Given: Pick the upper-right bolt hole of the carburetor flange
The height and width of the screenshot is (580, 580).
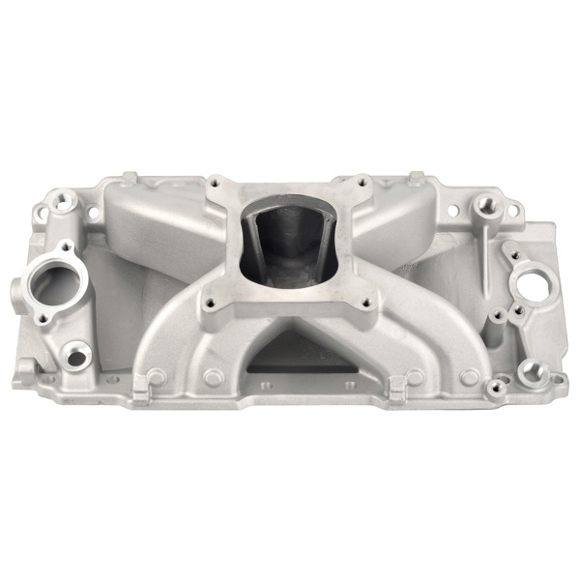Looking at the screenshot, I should [x=361, y=179].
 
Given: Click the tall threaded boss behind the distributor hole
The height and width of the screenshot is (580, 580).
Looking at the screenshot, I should [x=481, y=207].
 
